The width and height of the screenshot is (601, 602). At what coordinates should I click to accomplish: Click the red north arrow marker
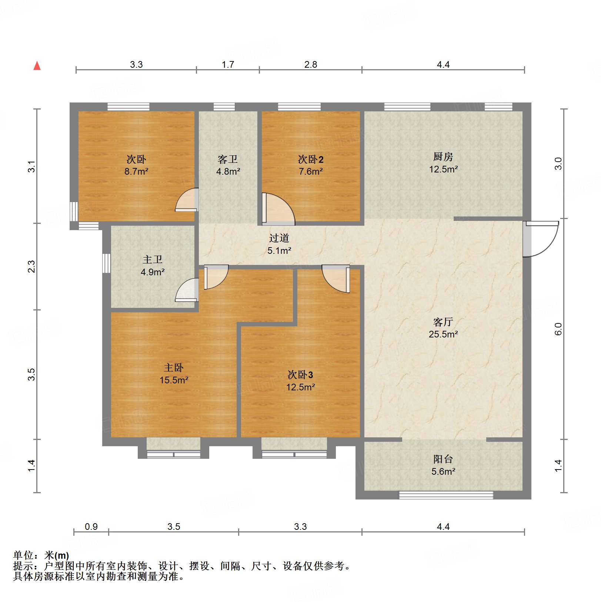(x=37, y=66)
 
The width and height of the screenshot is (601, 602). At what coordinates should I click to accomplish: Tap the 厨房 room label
(x=443, y=157)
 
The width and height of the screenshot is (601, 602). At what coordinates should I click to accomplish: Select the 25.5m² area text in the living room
(x=443, y=334)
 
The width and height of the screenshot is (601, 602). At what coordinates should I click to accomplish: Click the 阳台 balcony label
(x=443, y=459)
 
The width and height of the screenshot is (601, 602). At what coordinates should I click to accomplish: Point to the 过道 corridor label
(x=279, y=238)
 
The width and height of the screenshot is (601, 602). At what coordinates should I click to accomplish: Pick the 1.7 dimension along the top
(x=228, y=65)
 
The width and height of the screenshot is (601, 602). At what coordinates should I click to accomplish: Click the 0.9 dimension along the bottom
(x=91, y=527)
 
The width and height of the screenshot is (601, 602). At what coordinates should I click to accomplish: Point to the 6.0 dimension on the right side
(x=558, y=329)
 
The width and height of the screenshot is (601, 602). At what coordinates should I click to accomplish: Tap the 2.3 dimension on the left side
(x=32, y=266)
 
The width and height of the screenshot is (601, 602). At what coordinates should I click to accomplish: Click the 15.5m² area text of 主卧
(x=174, y=380)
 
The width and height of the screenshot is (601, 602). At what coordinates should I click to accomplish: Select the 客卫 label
(x=227, y=159)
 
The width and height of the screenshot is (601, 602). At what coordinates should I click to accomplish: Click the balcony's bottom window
(x=445, y=495)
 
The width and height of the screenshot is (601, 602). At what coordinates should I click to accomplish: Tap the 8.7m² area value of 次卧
(x=136, y=172)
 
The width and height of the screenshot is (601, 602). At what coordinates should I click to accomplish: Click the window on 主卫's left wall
(x=107, y=263)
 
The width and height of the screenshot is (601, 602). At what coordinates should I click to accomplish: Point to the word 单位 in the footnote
(x=23, y=555)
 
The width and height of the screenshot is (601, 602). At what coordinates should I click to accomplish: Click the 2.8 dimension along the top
(x=311, y=65)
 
